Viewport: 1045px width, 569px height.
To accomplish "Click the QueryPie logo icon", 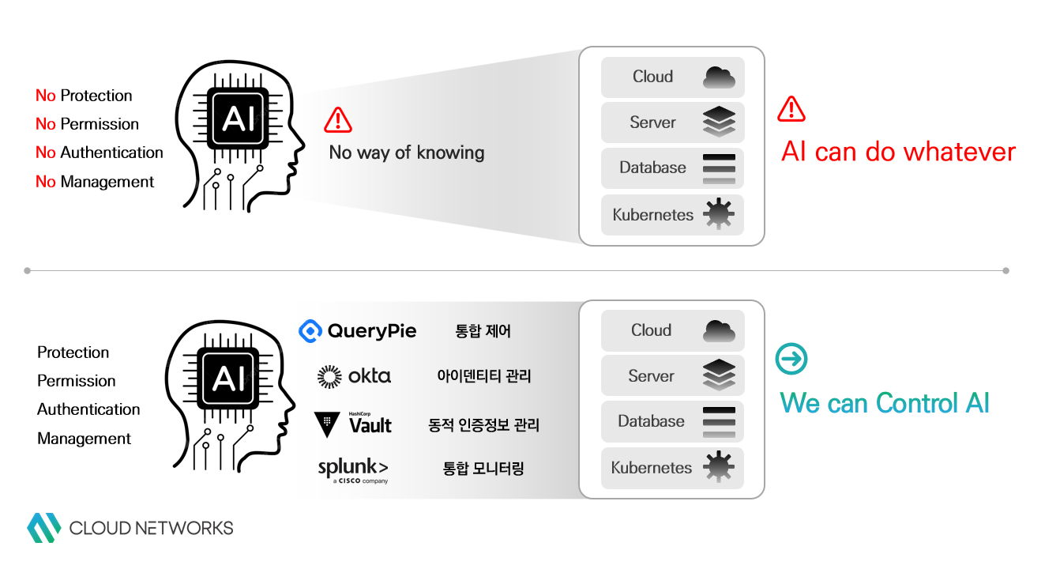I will coord(310,331).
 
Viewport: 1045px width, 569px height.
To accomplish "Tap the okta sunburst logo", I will coord(329,377).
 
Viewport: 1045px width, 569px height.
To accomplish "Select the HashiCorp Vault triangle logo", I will coord(327,424).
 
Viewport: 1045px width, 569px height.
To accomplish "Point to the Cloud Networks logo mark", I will coord(43,528).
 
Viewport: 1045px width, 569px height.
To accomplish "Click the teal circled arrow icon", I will coord(791,359).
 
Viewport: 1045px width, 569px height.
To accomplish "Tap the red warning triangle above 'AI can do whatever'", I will coord(791,109).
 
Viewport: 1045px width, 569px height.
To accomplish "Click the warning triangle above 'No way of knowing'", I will coord(338,120).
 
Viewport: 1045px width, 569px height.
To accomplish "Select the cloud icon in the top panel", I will coord(719,77).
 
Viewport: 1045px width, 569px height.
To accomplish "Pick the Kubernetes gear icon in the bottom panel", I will coord(719,468).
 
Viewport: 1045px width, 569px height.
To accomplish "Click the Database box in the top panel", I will coord(672,168).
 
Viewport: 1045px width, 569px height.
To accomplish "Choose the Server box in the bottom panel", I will coord(672,376).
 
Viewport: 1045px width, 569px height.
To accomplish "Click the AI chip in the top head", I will coord(238,119).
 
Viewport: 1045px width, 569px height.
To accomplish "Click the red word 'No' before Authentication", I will coord(45,153).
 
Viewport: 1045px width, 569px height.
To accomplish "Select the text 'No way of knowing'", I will coord(406,153).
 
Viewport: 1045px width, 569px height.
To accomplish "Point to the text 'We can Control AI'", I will coord(885,403).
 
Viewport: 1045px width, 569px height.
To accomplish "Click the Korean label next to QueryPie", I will coord(483,331).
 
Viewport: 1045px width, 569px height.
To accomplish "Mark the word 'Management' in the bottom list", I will coord(85,439).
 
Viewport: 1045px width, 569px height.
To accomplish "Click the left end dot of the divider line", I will coord(28,270).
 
